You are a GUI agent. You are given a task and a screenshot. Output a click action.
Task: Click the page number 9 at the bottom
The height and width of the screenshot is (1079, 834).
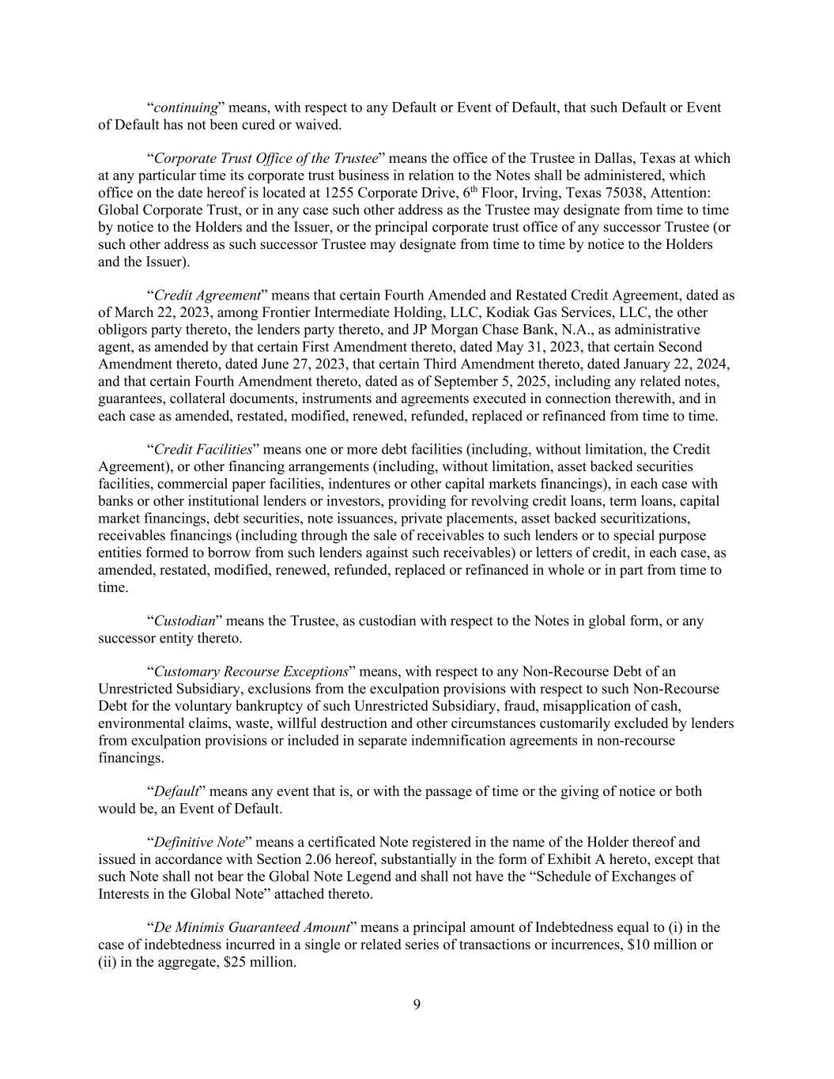coord(417,1005)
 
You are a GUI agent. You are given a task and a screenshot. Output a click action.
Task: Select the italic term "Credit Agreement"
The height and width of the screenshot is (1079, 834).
coord(207,296)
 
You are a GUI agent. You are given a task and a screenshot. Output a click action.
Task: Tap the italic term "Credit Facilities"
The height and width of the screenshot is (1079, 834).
coord(203,450)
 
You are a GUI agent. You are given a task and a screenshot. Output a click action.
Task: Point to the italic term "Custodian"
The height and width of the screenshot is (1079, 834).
coord(184,621)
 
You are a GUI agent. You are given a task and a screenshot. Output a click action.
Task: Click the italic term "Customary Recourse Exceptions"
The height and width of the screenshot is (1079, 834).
coord(251,672)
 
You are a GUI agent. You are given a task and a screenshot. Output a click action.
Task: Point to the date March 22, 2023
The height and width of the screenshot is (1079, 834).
coord(160,313)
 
